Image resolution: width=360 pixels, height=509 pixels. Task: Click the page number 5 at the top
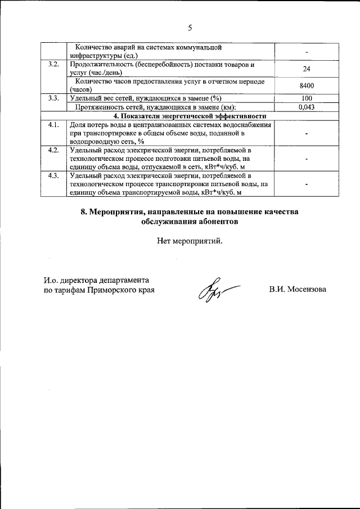click(x=190, y=28)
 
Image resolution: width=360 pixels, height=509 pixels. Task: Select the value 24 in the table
click(x=307, y=69)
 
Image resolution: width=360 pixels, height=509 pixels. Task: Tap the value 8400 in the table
click(x=307, y=85)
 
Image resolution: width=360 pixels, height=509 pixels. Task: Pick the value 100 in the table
click(x=307, y=98)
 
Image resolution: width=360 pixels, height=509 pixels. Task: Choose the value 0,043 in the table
click(x=307, y=107)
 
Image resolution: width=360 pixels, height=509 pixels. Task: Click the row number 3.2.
click(x=54, y=65)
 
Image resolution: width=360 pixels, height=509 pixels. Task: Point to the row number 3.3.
click(x=54, y=98)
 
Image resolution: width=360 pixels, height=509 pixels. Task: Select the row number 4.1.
click(x=54, y=124)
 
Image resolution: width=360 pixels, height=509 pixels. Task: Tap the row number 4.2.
click(x=54, y=150)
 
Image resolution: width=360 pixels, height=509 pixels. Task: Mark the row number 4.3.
click(x=54, y=176)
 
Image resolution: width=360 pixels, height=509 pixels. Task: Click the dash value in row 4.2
click(x=307, y=159)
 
